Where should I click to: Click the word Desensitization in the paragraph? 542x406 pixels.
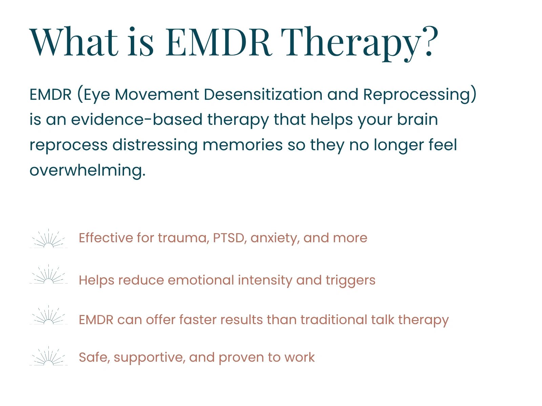click(x=263, y=94)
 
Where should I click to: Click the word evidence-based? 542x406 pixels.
click(x=137, y=119)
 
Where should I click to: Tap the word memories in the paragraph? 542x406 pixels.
click(x=243, y=145)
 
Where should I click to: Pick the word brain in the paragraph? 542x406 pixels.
click(x=418, y=119)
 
